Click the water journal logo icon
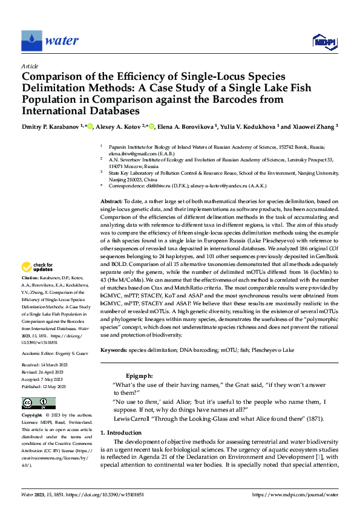[x=31, y=41]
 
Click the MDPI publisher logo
[x=324, y=41]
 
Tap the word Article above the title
[x=30, y=66]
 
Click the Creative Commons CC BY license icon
[x=39, y=403]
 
